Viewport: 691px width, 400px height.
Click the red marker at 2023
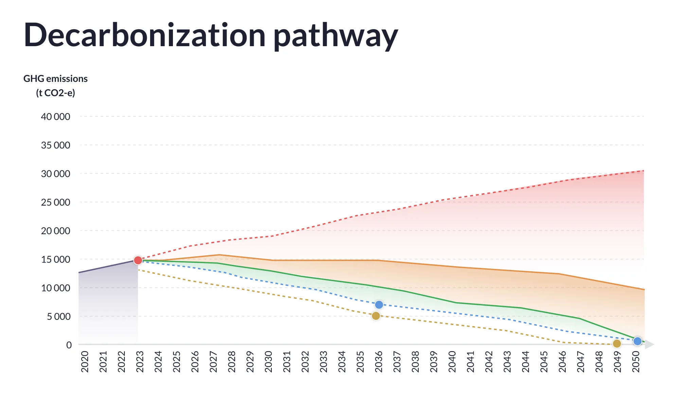tap(138, 260)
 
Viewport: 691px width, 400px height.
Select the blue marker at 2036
tap(379, 305)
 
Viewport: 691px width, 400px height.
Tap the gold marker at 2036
tap(376, 316)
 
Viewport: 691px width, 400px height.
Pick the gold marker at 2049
tap(617, 344)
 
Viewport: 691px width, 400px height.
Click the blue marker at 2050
tap(638, 341)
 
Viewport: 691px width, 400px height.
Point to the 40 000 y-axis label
tap(55, 117)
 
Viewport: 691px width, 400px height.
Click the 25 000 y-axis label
tap(55, 202)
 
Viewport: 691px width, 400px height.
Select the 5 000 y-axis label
tap(58, 316)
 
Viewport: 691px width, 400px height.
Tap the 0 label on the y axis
tap(69, 345)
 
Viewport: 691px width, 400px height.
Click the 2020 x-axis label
tap(85, 362)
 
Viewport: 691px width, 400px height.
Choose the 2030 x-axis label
tap(268, 362)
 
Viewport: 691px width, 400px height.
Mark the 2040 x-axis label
tap(452, 362)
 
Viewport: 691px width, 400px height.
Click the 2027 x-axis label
tap(213, 362)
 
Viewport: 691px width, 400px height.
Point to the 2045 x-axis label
tap(544, 362)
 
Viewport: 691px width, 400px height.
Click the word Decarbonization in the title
tap(144, 35)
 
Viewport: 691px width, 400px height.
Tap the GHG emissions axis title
tap(55, 79)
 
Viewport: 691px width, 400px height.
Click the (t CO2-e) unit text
tap(55, 93)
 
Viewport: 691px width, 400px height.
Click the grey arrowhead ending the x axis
tap(649, 345)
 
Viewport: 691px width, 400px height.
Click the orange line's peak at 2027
tap(219, 255)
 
